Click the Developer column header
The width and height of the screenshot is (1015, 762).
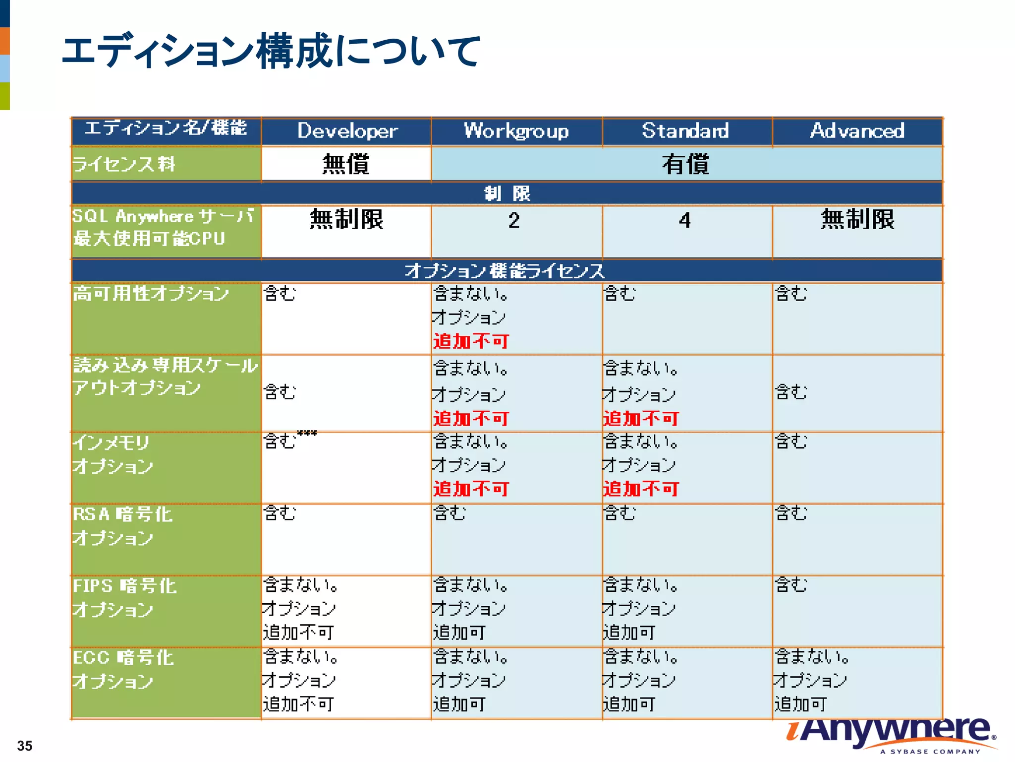coord(347,131)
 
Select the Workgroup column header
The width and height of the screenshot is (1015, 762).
coord(516,131)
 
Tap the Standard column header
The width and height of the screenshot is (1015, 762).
coord(685,130)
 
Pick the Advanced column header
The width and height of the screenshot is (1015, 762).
coord(857,130)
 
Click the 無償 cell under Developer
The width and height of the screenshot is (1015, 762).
coord(346,164)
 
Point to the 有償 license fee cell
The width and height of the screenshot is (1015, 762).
coord(685,164)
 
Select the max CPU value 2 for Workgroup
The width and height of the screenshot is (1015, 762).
coord(514,221)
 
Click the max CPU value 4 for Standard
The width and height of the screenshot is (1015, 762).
coord(685,221)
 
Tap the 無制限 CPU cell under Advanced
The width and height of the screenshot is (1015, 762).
coord(857,219)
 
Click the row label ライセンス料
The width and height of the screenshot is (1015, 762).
coord(124,164)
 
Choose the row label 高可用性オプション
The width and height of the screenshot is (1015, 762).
coord(151,294)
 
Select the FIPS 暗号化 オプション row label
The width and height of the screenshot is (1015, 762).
coord(124,597)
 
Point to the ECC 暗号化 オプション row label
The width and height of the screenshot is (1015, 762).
coord(123,669)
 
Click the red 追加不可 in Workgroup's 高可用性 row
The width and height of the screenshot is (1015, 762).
coord(471,341)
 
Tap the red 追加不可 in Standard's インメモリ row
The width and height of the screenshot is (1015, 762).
coord(641,489)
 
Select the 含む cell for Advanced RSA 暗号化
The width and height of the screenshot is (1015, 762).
coord(791,513)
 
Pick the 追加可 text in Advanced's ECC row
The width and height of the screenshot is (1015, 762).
coord(800,704)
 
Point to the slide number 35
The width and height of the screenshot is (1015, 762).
coord(25,746)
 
